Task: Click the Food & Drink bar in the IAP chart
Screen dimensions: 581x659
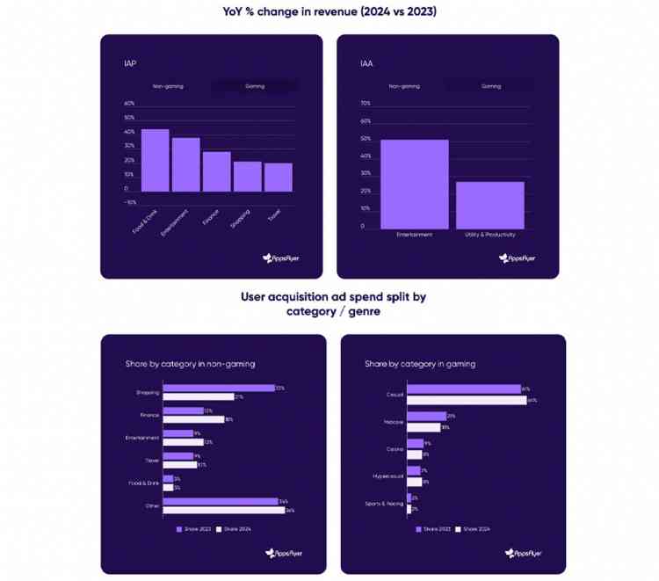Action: (155, 161)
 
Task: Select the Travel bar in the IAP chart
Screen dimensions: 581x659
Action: (278, 177)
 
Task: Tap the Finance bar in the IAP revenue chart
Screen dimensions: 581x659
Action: (216, 171)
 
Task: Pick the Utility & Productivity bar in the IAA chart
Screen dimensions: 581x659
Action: (489, 205)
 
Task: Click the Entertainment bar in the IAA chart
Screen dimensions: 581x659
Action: (415, 184)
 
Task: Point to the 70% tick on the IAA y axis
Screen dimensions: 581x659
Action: (366, 104)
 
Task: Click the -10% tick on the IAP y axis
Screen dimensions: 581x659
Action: (130, 202)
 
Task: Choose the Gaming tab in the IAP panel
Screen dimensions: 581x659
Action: (254, 86)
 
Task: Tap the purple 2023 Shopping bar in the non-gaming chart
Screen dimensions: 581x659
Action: (219, 388)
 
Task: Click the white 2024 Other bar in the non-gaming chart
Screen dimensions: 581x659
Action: (224, 510)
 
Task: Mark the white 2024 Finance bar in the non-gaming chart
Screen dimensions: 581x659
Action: (193, 419)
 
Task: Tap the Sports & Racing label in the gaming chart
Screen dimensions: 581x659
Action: (384, 504)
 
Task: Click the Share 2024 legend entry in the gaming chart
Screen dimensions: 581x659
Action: (475, 529)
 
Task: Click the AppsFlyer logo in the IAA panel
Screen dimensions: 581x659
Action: (518, 258)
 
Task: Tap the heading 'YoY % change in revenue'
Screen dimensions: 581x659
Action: (329, 11)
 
